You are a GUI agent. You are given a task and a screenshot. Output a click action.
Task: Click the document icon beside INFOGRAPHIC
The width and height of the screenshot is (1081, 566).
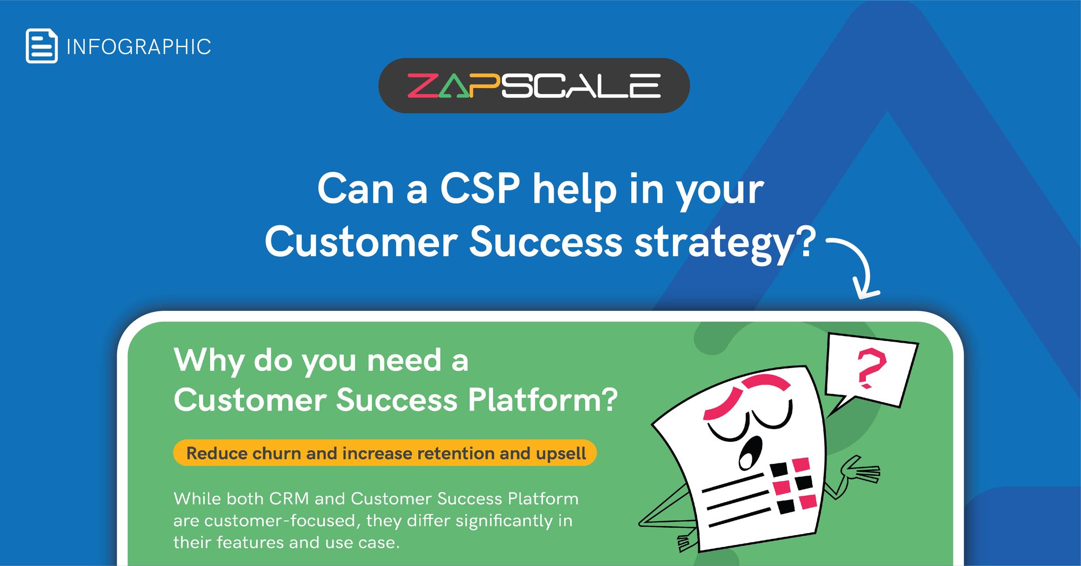42,46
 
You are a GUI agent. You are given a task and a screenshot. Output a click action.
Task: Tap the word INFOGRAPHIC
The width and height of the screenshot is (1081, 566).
138,47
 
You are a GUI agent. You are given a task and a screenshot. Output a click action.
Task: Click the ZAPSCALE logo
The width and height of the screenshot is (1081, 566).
533,85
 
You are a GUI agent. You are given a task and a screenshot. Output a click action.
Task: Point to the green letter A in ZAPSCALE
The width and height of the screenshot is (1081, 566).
454,87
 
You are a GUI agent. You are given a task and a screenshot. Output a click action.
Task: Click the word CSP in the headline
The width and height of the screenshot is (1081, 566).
480,189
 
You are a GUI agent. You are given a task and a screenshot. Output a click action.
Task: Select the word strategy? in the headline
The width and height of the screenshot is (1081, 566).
724,243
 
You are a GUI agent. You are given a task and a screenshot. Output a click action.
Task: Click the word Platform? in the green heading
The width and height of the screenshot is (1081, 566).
542,400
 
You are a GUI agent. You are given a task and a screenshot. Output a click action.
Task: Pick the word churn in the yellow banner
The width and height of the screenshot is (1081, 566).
276,453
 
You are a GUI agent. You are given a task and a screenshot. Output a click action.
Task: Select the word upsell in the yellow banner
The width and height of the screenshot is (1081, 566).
561,453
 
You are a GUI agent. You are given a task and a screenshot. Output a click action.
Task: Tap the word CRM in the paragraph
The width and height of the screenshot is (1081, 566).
289,498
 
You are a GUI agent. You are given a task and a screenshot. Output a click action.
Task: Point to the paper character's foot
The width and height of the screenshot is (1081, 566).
686,542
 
